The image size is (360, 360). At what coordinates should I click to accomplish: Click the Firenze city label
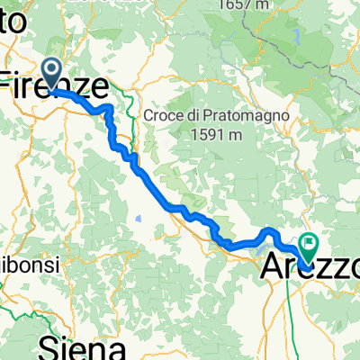56,85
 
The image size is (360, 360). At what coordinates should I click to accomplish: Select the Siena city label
81,346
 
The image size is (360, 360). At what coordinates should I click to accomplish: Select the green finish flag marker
310,243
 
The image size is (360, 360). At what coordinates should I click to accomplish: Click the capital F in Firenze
12,86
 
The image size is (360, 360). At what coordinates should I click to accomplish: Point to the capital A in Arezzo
272,266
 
